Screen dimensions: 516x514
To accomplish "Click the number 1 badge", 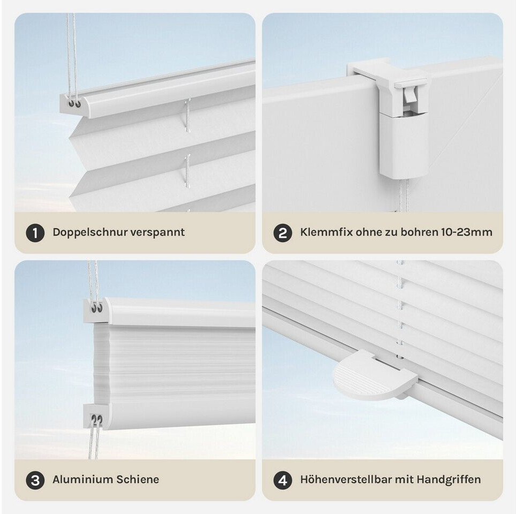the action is (35, 233).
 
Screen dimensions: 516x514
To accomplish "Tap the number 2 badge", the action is (283, 233).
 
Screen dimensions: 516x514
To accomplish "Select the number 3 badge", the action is (35, 480).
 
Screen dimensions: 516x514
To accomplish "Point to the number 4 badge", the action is (283, 480).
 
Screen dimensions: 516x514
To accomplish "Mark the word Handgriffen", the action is (448, 480).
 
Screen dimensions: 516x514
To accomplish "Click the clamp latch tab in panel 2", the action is (409, 95).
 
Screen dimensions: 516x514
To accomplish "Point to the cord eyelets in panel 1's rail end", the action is (74, 104).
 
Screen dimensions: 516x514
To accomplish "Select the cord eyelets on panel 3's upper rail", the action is (97, 308).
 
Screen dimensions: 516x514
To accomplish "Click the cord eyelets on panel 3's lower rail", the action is (97, 419).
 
